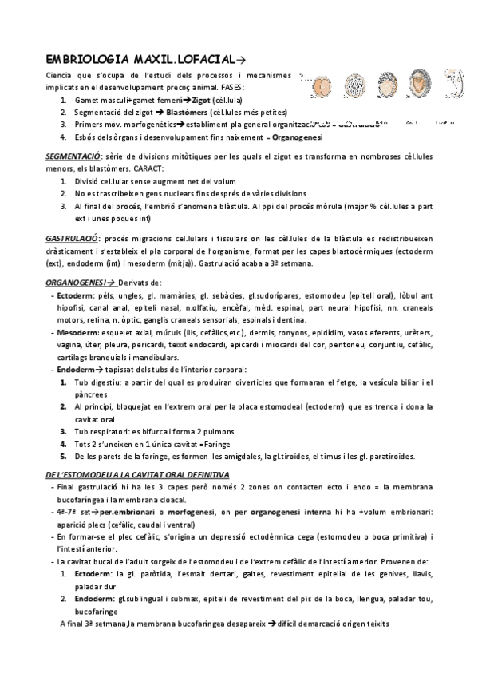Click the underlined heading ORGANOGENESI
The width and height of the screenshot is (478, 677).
click(x=77, y=283)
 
